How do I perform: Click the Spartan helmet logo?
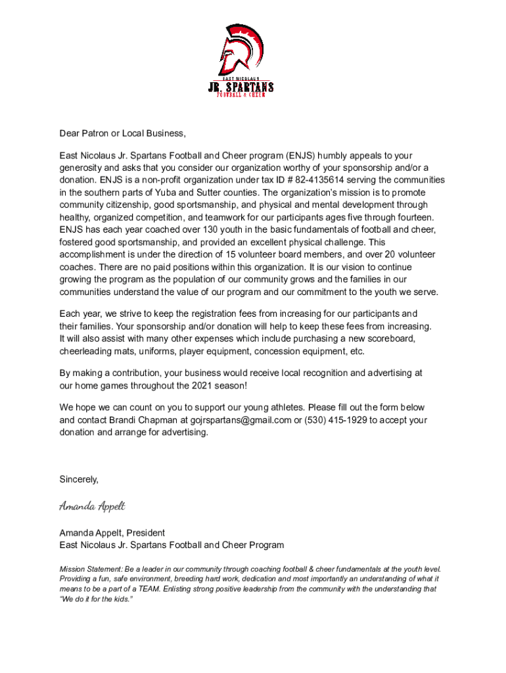(241, 51)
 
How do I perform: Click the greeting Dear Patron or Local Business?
(123, 133)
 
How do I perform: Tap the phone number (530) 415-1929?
(336, 420)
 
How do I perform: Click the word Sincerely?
(79, 479)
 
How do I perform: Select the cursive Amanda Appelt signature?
(92, 506)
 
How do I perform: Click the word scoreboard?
(389, 338)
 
